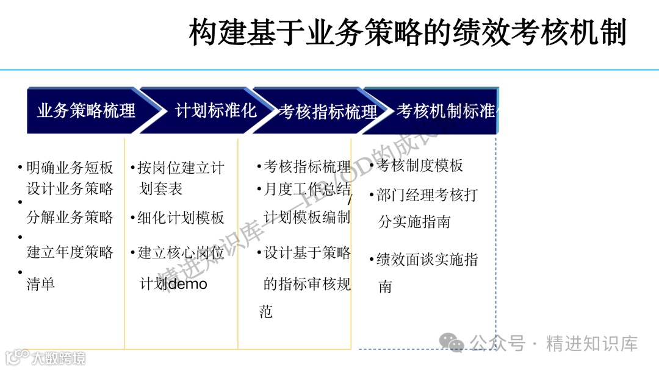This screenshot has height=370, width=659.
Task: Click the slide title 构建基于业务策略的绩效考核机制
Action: (408, 32)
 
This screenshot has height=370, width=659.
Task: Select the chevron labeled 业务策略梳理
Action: (86, 111)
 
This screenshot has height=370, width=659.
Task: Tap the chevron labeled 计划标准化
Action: (215, 110)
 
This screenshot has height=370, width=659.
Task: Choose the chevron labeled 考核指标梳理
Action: (328, 112)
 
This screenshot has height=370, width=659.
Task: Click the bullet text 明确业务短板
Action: (70, 168)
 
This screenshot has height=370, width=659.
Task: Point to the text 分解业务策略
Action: (70, 217)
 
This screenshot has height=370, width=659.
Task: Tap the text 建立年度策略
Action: (70, 252)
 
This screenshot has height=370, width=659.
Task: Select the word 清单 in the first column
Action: (41, 283)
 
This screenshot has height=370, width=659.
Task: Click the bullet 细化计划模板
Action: (181, 218)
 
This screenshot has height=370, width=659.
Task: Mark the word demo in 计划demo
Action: (187, 284)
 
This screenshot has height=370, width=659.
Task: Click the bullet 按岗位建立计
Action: (181, 168)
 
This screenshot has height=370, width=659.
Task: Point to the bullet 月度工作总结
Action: (307, 190)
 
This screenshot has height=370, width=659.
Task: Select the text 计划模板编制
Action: (307, 218)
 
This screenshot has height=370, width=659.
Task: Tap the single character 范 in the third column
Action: (265, 312)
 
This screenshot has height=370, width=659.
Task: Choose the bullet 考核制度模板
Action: (420, 166)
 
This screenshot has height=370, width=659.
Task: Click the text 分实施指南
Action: (414, 222)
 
